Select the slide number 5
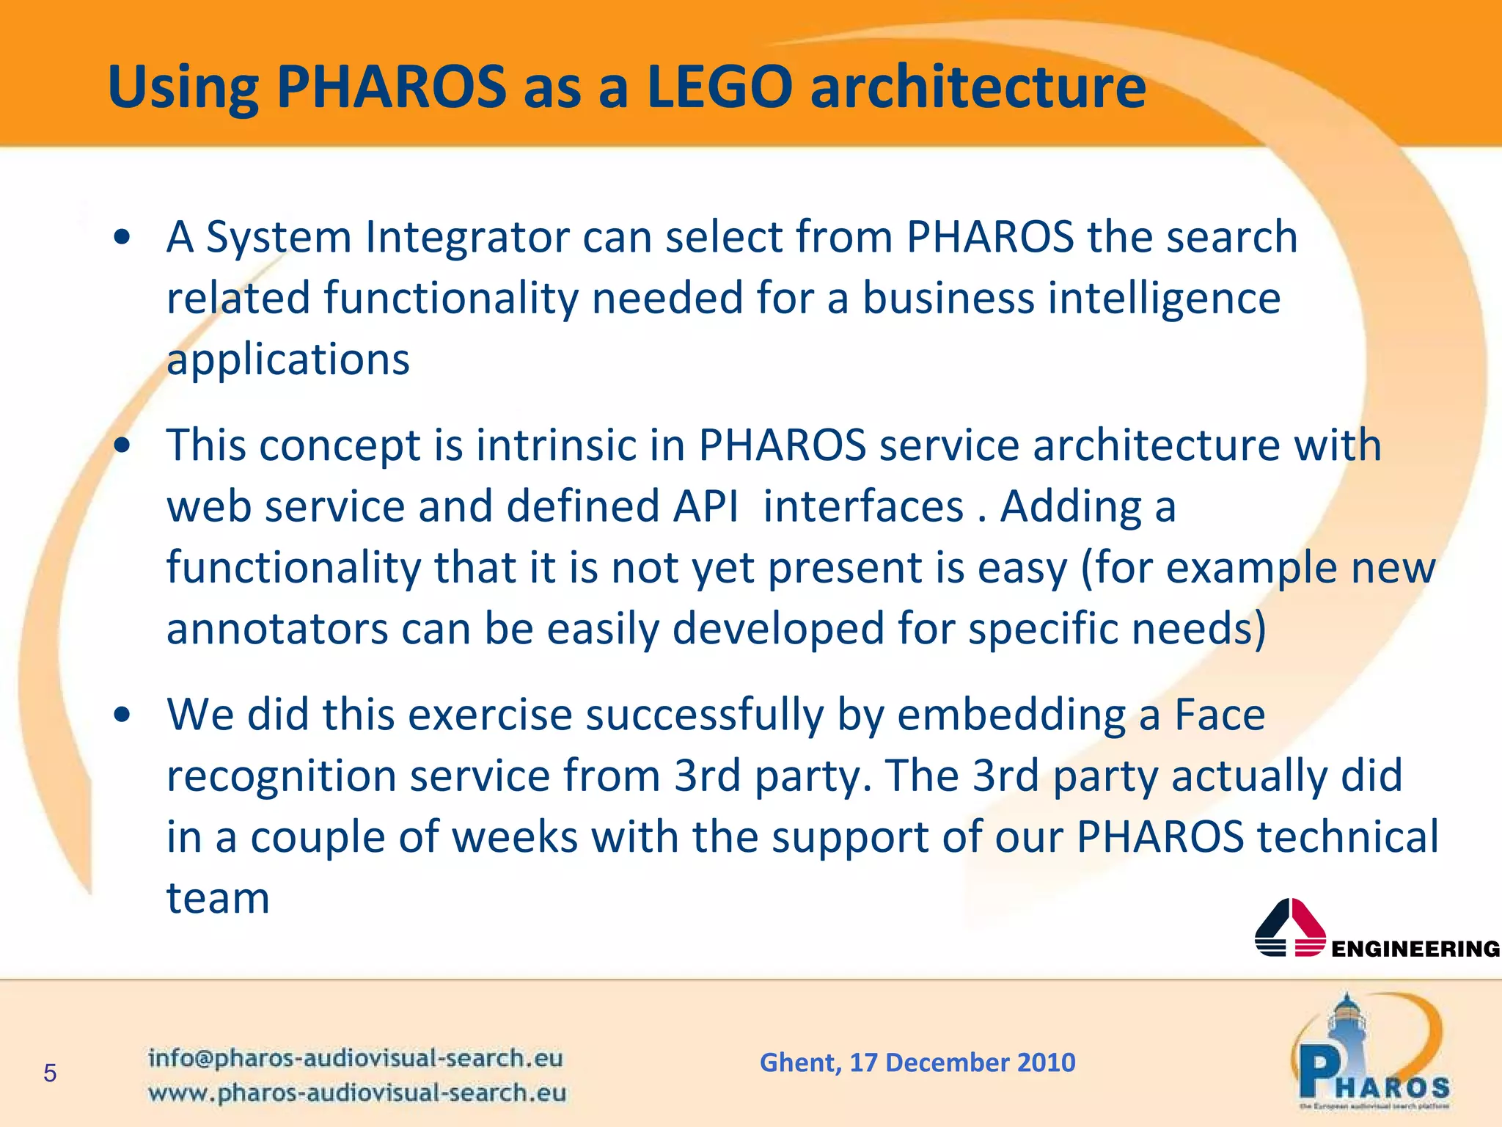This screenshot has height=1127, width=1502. point(50,1073)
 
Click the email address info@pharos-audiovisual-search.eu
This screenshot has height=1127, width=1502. point(356,1058)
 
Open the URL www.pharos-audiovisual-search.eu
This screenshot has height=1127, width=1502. point(357,1093)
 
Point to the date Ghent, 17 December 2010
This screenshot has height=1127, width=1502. point(917,1062)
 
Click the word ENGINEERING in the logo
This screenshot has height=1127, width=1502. point(1415,949)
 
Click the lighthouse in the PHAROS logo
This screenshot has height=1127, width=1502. point(1346,1027)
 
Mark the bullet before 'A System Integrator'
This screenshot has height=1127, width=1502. point(122,237)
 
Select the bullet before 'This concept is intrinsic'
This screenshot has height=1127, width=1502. point(122,445)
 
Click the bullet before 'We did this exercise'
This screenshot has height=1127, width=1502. point(122,714)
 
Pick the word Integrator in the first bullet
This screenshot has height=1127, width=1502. point(467,237)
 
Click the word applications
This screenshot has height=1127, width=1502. point(287,360)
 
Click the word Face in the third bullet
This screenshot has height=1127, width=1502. point(1220,714)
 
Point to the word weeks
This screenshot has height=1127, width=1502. point(515,836)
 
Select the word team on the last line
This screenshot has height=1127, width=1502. point(218,898)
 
